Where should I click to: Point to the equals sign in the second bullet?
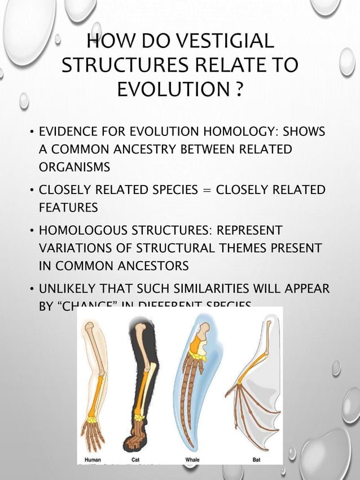click(x=207, y=189)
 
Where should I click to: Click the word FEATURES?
click(x=68, y=207)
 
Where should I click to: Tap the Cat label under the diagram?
click(x=135, y=460)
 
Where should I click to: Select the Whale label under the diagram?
click(x=192, y=460)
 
